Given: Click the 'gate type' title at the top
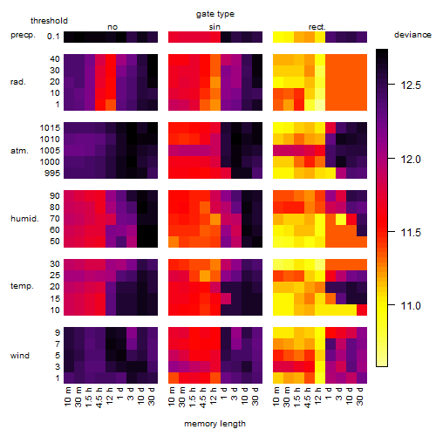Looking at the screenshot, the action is [215, 14].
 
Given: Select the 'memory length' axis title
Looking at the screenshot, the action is [215, 424].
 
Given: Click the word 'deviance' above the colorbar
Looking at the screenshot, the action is [412, 35].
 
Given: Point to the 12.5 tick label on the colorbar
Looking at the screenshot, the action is [411, 85].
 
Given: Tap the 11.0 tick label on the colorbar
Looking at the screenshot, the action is [411, 306].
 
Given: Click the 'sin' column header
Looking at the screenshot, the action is [215, 27].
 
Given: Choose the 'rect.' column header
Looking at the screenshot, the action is [317, 27].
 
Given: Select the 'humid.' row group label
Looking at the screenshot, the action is [24, 219].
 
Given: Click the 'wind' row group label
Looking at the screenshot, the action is [20, 356].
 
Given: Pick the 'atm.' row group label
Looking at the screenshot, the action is [19, 151].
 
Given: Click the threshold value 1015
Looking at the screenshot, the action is [50, 128].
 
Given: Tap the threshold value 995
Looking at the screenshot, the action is [52, 174].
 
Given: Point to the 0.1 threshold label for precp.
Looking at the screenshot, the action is [53, 37].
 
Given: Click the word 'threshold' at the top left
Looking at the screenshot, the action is [49, 21].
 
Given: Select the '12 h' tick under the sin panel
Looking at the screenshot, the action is [214, 396].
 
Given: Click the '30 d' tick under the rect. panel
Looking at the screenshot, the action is [360, 396].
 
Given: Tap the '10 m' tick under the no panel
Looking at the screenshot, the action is [67, 397].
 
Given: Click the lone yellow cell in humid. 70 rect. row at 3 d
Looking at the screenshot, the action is [341, 219].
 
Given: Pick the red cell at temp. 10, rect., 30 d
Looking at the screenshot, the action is [362, 310].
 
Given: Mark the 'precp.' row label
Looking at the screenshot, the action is [23, 36].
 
